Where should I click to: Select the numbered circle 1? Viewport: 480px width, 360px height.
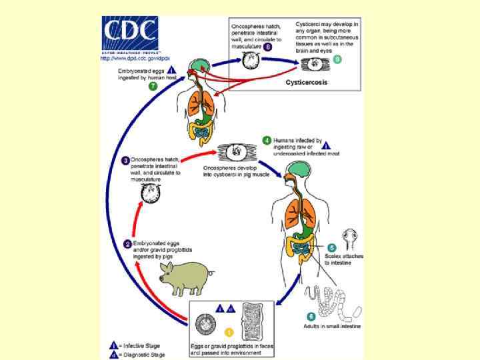[229, 331]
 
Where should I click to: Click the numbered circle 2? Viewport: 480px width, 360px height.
[126, 243]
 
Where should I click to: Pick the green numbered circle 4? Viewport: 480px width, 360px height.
[267, 141]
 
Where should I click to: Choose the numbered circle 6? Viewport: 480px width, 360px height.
[311, 316]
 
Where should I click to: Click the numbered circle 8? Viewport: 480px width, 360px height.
[268, 47]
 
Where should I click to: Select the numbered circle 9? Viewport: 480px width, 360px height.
[337, 59]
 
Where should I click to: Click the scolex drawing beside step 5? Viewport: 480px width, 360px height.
[352, 239]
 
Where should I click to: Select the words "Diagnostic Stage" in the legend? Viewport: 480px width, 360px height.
[148, 355]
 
